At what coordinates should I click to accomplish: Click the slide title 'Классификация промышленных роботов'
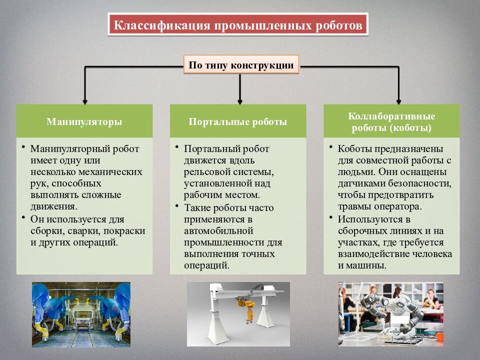coord(237,24)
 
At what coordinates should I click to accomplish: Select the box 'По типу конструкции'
coord(240,65)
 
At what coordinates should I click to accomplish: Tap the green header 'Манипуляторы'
coord(84,121)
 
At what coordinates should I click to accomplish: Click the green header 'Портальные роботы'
coord(238,121)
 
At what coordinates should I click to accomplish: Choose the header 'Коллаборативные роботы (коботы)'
coord(391,121)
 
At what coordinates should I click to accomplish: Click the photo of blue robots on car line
coord(81,314)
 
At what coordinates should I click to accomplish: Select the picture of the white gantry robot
coord(238,314)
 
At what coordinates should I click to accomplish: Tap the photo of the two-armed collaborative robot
coord(390,314)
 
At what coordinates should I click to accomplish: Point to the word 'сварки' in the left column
coord(84,231)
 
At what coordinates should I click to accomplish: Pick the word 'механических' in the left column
coord(113,171)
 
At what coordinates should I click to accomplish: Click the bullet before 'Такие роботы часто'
coord(177,206)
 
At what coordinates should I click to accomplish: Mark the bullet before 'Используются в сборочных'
coord(331,217)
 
